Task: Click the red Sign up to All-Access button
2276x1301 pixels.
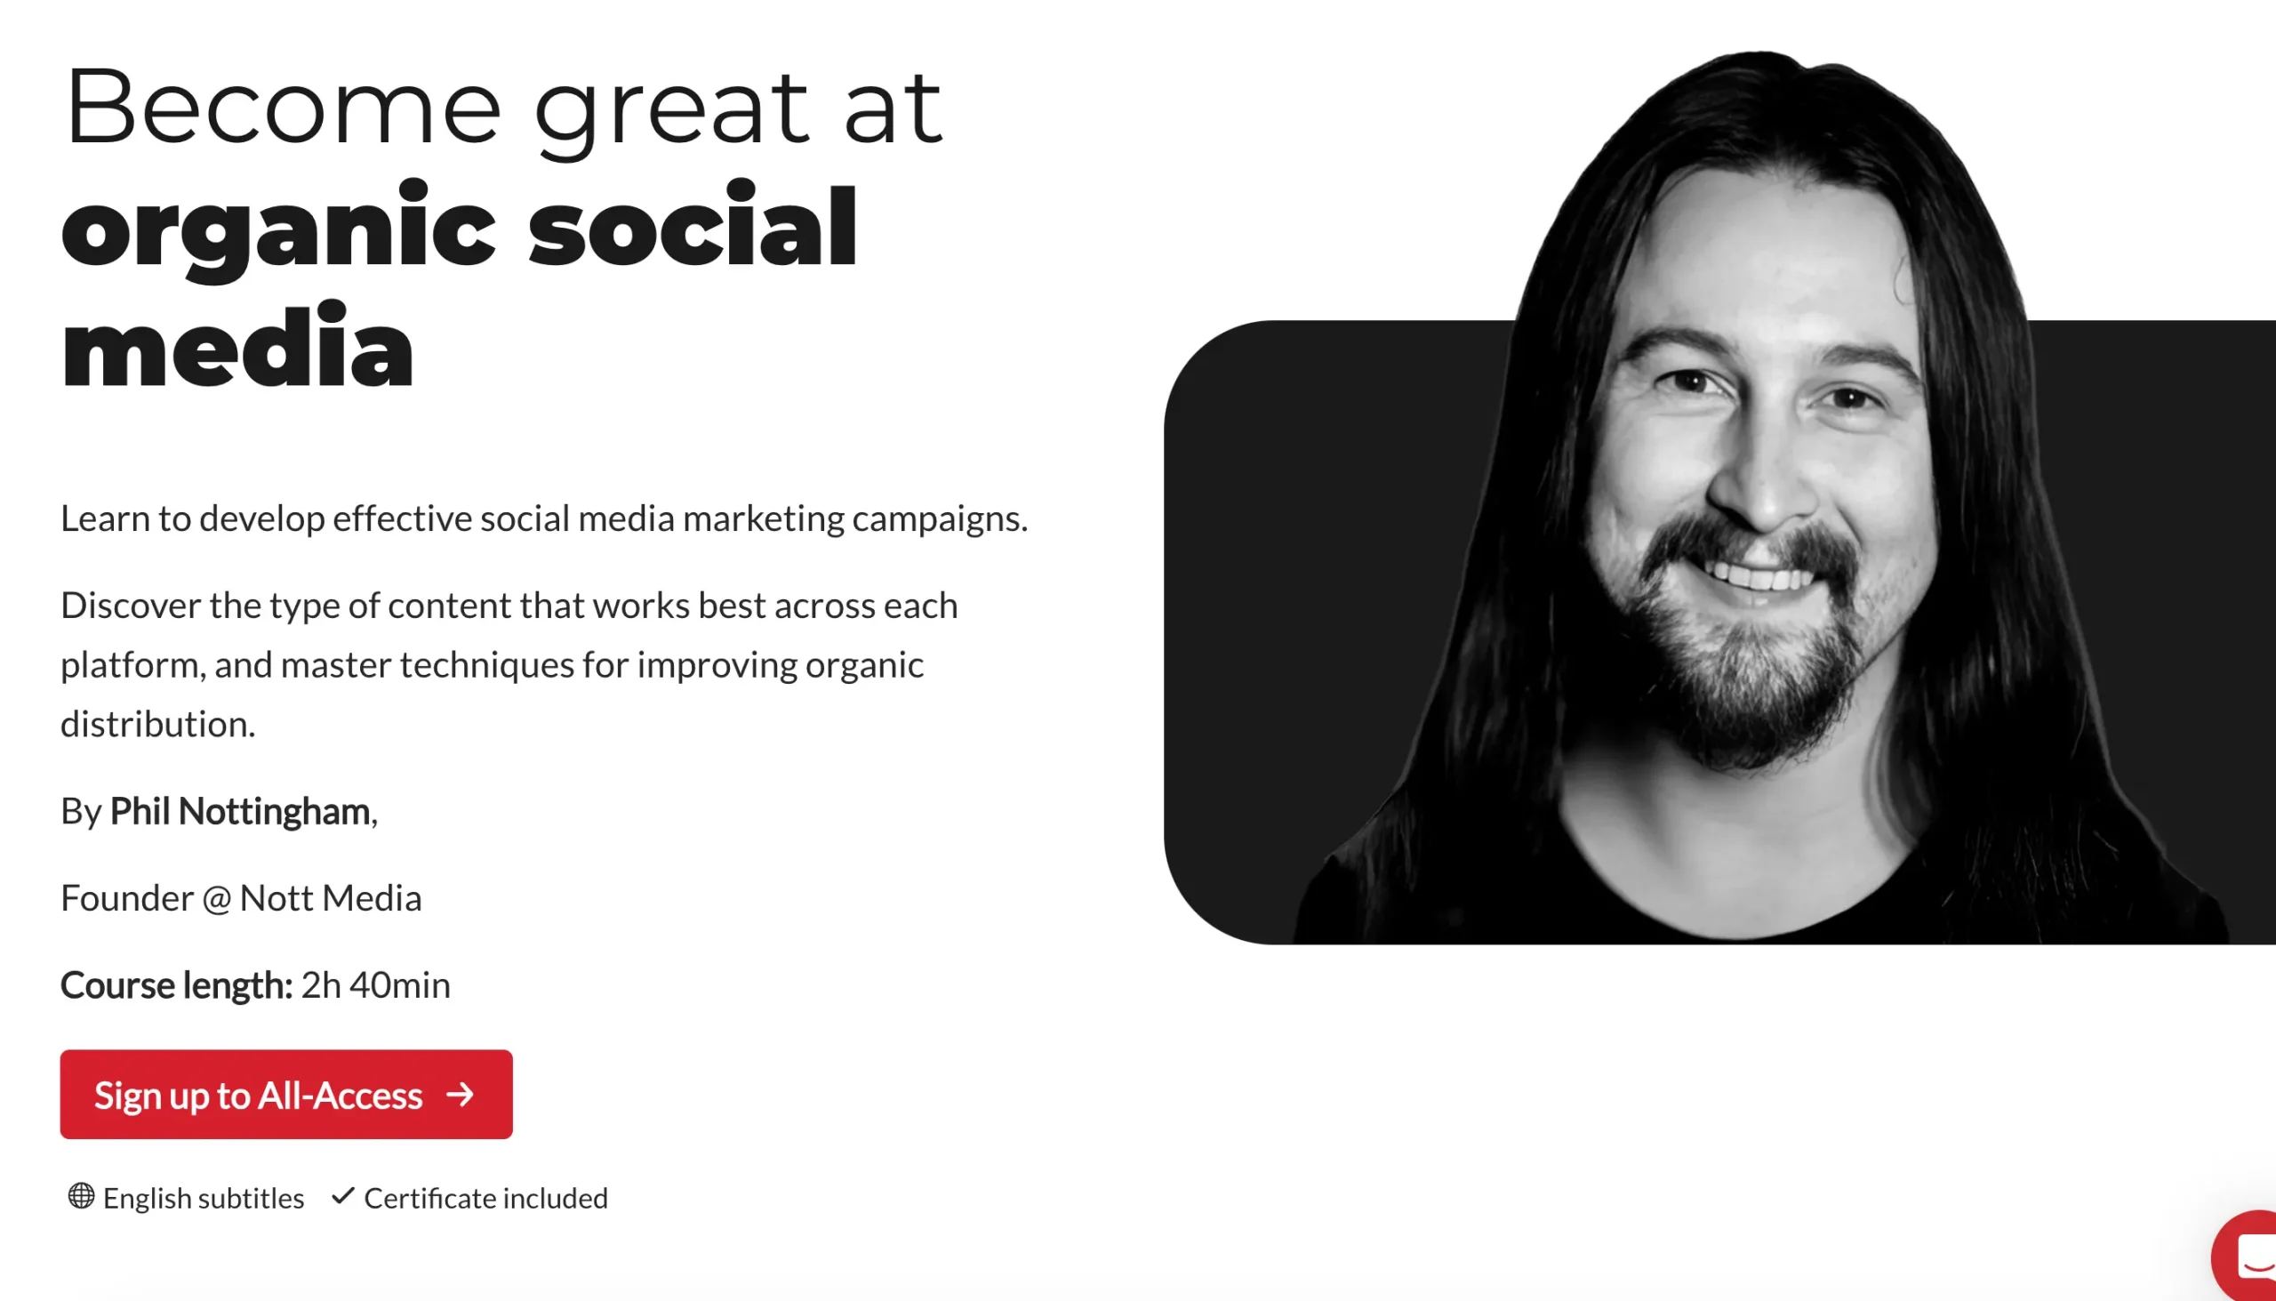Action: tap(286, 1094)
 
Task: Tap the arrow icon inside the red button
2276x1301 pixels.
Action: tap(460, 1095)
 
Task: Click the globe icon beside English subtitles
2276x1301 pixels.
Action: tap(81, 1195)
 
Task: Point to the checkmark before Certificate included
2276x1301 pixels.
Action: tap(343, 1195)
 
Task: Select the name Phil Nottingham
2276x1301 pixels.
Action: tap(239, 811)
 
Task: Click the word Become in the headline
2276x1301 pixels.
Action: tap(283, 108)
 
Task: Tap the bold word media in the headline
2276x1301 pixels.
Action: tap(237, 347)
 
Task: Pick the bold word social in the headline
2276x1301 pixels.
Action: tap(693, 224)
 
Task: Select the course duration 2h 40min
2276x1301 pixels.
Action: tap(376, 984)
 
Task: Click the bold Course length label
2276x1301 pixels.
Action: tap(176, 985)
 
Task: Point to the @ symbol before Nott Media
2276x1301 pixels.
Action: tap(216, 899)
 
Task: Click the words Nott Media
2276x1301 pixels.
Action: tap(331, 898)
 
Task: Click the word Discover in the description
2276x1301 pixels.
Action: tap(132, 605)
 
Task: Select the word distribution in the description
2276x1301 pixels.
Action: tap(158, 724)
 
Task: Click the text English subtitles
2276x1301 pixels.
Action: tap(204, 1197)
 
